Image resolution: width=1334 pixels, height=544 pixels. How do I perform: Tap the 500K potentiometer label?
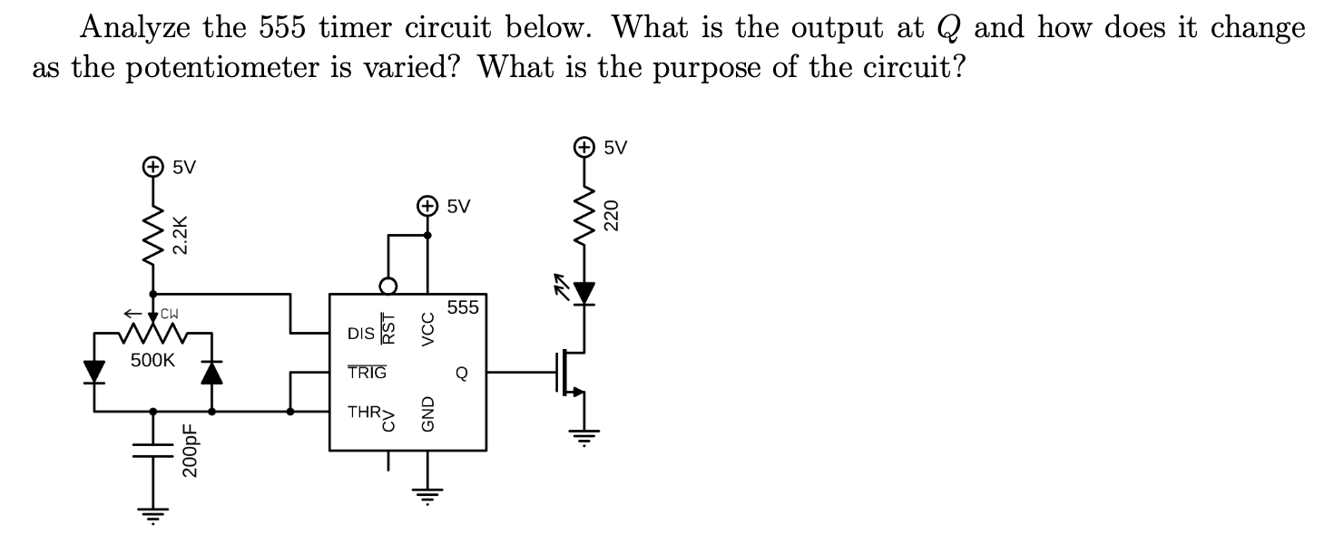[x=152, y=360]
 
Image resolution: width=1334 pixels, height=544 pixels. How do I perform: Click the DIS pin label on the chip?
[x=360, y=335]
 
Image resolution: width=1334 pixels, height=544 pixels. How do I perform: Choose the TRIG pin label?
[x=367, y=373]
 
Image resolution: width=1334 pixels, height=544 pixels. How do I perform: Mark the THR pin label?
[x=364, y=412]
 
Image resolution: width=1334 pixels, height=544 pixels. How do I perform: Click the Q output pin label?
[x=462, y=373]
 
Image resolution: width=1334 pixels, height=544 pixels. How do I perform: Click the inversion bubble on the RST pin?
[x=388, y=287]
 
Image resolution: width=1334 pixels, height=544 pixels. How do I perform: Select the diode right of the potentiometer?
[x=211, y=372]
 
